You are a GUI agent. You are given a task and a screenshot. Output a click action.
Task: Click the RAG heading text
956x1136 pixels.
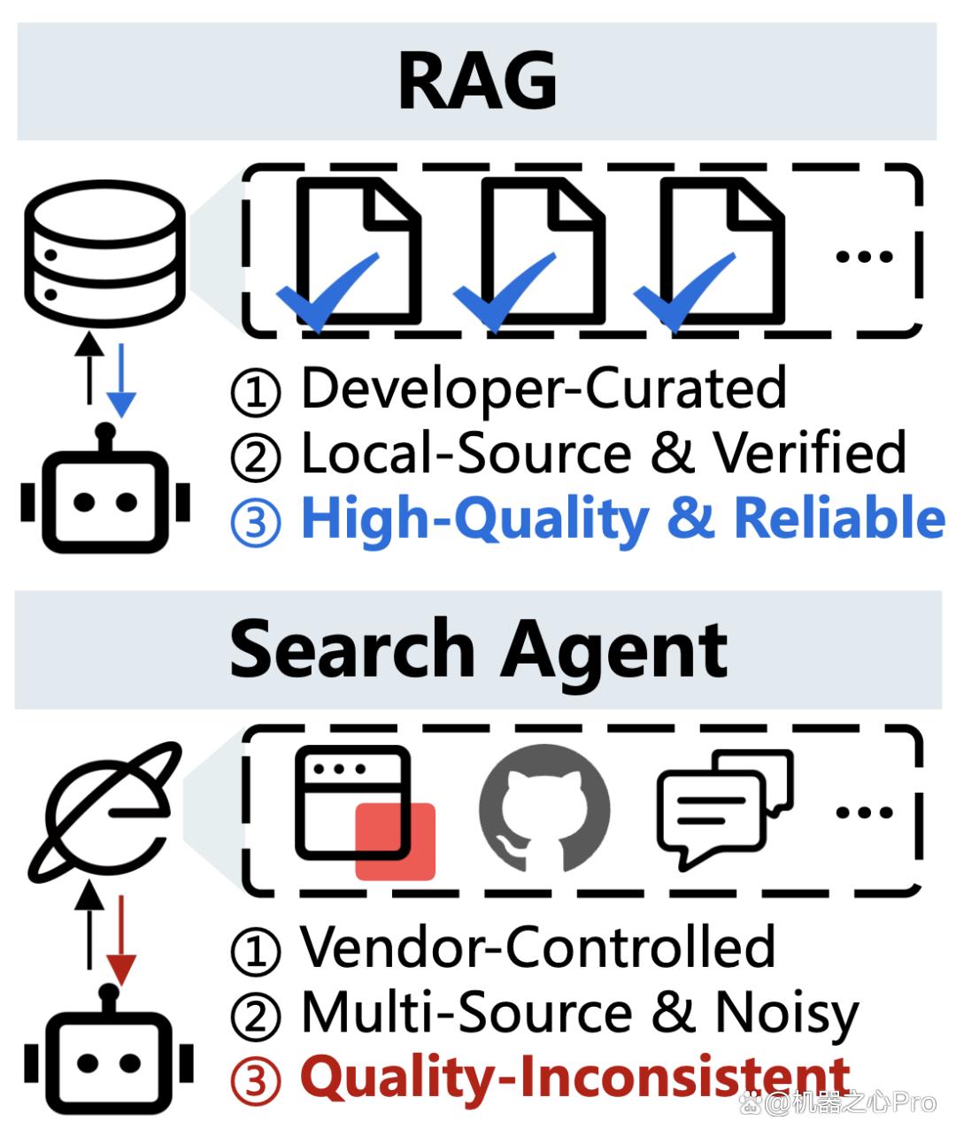click(477, 81)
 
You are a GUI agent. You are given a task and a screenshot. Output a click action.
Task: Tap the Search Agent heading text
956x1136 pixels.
click(479, 650)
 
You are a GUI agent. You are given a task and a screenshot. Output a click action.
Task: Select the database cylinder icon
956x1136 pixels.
click(104, 254)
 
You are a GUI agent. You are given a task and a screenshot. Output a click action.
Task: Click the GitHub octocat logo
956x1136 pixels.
click(544, 809)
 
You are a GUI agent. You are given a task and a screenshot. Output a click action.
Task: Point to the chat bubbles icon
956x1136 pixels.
click(725, 809)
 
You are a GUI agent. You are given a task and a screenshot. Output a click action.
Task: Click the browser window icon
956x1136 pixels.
click(353, 803)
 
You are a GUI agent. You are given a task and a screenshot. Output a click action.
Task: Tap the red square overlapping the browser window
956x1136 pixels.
click(396, 841)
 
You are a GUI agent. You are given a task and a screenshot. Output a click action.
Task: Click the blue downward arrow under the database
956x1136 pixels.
click(121, 380)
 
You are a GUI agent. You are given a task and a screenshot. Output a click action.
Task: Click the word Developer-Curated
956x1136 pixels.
click(544, 389)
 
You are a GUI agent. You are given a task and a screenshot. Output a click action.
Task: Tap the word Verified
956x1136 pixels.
click(810, 452)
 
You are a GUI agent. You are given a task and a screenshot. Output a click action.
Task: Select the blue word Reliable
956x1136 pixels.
click(839, 517)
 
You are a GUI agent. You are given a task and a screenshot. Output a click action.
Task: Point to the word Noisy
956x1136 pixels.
click(787, 1013)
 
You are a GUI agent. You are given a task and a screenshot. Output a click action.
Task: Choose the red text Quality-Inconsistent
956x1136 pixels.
click(574, 1078)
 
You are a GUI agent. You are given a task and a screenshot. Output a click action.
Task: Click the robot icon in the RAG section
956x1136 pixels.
click(105, 488)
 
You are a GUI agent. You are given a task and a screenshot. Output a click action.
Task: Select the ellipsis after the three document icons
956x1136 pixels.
click(864, 256)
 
